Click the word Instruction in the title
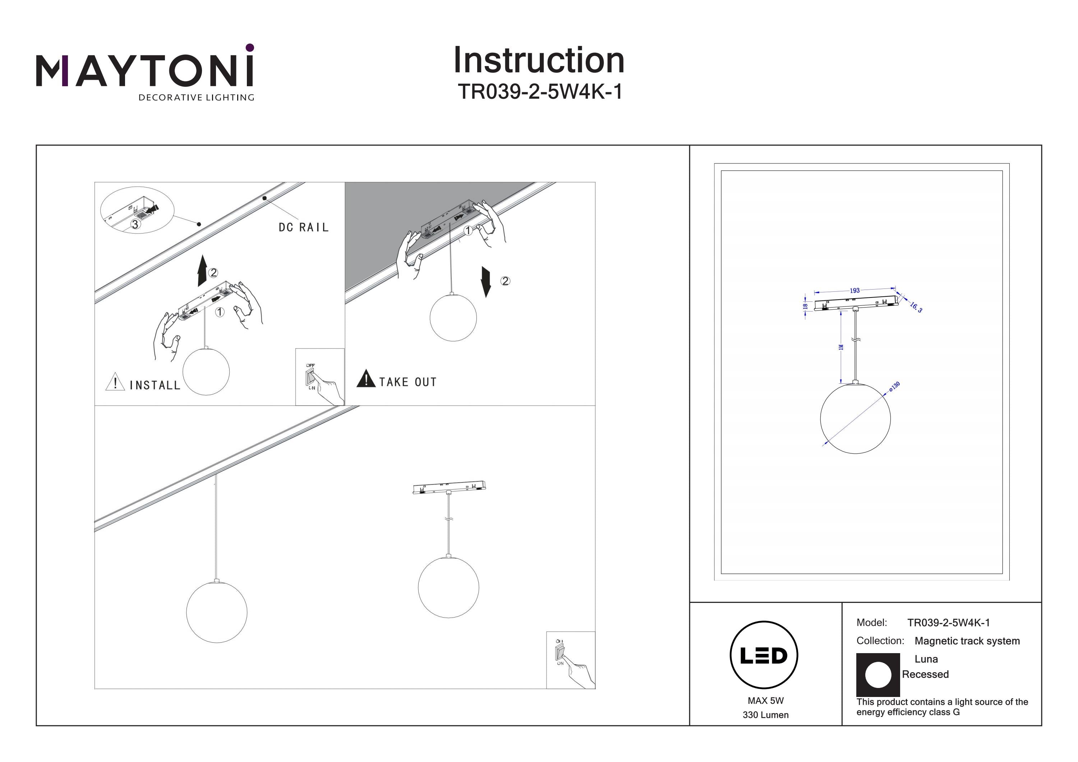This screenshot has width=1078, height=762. tap(539, 61)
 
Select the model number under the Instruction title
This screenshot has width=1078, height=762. tap(540, 92)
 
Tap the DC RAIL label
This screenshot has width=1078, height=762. tap(303, 228)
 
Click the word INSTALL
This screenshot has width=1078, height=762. tap(155, 385)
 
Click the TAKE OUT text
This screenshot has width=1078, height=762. tap(407, 382)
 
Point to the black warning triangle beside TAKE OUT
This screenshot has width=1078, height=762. tap(366, 379)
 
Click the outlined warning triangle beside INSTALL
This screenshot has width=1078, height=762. tap(115, 382)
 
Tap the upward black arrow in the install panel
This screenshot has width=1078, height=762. tap(202, 271)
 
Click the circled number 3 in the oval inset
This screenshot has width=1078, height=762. tap(135, 225)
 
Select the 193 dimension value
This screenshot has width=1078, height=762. tap(854, 291)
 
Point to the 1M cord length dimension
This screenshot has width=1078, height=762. tap(841, 347)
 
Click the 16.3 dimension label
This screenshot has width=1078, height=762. tap(916, 308)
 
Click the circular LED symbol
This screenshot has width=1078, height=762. tap(764, 655)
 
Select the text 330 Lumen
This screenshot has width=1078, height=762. tap(765, 715)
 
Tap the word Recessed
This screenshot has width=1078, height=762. tap(925, 674)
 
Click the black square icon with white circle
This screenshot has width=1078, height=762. tap(877, 675)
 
